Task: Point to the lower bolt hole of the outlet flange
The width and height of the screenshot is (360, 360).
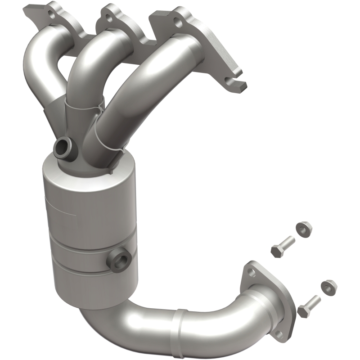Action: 279,333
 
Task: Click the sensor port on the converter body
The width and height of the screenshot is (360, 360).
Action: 119,260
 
